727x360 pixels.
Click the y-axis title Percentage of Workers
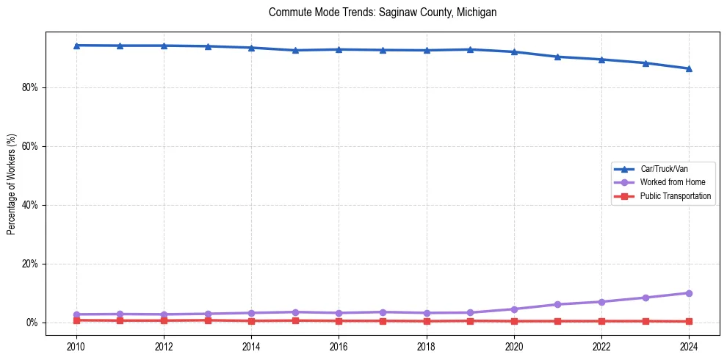tap(12, 184)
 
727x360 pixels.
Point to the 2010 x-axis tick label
tap(76, 347)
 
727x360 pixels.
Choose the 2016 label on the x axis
tap(339, 347)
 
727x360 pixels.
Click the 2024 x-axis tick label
tap(689, 347)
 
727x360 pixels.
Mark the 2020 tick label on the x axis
tap(514, 347)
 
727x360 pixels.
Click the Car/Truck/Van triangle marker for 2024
tap(689, 68)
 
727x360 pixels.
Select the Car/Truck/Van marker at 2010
tap(76, 46)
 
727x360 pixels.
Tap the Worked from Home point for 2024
tap(689, 293)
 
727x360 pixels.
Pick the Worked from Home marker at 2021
tap(557, 304)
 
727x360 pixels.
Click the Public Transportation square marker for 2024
tap(689, 321)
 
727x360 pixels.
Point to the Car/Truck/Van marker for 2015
tap(295, 50)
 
